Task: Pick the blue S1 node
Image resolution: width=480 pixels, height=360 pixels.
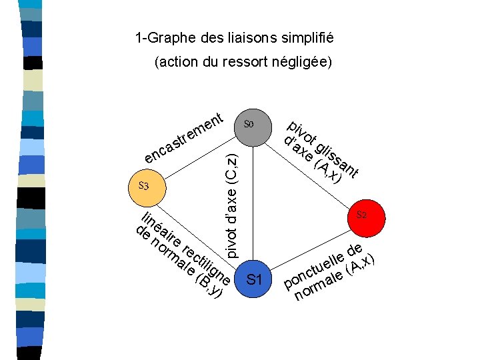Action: pyautogui.click(x=253, y=279)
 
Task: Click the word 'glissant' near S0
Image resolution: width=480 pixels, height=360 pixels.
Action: pyautogui.click(x=337, y=159)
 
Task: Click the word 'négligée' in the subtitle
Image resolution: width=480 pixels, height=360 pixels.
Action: pyautogui.click(x=303, y=63)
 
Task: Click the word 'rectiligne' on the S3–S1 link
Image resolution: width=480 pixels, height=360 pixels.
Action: pyautogui.click(x=206, y=264)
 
